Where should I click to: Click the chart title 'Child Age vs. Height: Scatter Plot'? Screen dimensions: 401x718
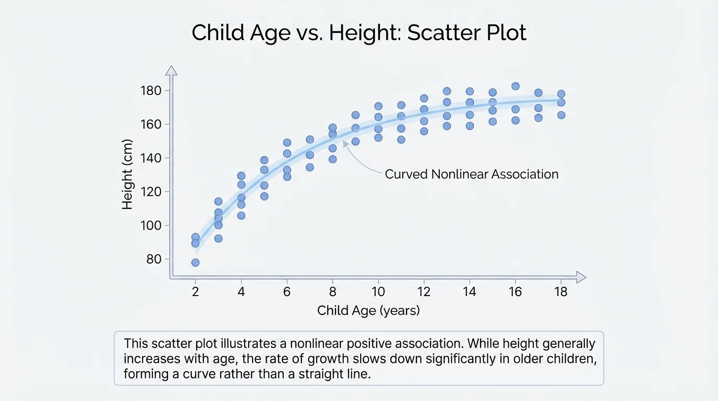point(359,33)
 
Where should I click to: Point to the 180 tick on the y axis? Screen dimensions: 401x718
point(151,91)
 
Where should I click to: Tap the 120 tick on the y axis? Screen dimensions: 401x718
point(151,192)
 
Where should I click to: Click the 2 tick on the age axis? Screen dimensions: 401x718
point(195,291)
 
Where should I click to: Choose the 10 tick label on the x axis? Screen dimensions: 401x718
point(378,291)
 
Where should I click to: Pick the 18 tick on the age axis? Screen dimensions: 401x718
point(561,291)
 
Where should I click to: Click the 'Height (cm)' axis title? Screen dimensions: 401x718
point(127,175)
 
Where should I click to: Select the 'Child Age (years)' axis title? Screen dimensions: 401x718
point(368,311)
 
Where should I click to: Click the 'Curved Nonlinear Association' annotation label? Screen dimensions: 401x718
point(472,174)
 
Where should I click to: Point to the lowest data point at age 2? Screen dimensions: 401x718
point(195,263)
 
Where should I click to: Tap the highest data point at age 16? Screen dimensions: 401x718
point(516,86)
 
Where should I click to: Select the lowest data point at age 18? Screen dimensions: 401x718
point(561,115)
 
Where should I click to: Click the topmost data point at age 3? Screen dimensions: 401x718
point(218,202)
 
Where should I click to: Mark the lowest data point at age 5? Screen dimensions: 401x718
point(264,196)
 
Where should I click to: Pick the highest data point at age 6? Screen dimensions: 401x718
point(287,143)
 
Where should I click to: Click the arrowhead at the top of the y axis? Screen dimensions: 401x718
point(171,70)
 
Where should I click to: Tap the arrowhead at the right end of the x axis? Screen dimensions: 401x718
point(581,277)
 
